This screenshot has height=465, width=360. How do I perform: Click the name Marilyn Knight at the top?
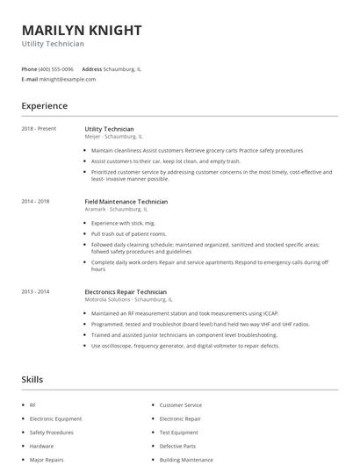(81, 30)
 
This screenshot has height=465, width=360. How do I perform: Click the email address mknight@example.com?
(68, 79)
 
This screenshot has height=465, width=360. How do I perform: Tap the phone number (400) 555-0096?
(56, 68)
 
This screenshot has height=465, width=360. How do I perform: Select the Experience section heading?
(44, 106)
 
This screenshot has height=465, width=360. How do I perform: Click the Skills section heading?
(32, 379)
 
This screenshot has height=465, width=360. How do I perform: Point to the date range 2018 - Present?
(39, 129)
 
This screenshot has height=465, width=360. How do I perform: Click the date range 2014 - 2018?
(36, 201)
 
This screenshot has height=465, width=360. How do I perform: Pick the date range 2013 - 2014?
(36, 291)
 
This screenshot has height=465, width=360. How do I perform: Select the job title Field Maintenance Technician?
(126, 201)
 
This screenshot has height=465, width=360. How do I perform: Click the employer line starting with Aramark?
(116, 210)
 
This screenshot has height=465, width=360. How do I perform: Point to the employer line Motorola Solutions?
(125, 299)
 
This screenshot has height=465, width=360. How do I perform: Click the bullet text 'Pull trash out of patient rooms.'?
(128, 234)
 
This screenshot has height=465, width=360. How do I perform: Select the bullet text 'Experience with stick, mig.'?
(122, 223)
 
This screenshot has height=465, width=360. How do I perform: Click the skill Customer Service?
(180, 405)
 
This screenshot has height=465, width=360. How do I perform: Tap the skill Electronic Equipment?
(55, 418)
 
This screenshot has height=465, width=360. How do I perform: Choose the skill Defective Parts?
(179, 446)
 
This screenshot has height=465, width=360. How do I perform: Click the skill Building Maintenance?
(185, 459)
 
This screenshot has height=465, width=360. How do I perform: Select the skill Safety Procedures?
(51, 433)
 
